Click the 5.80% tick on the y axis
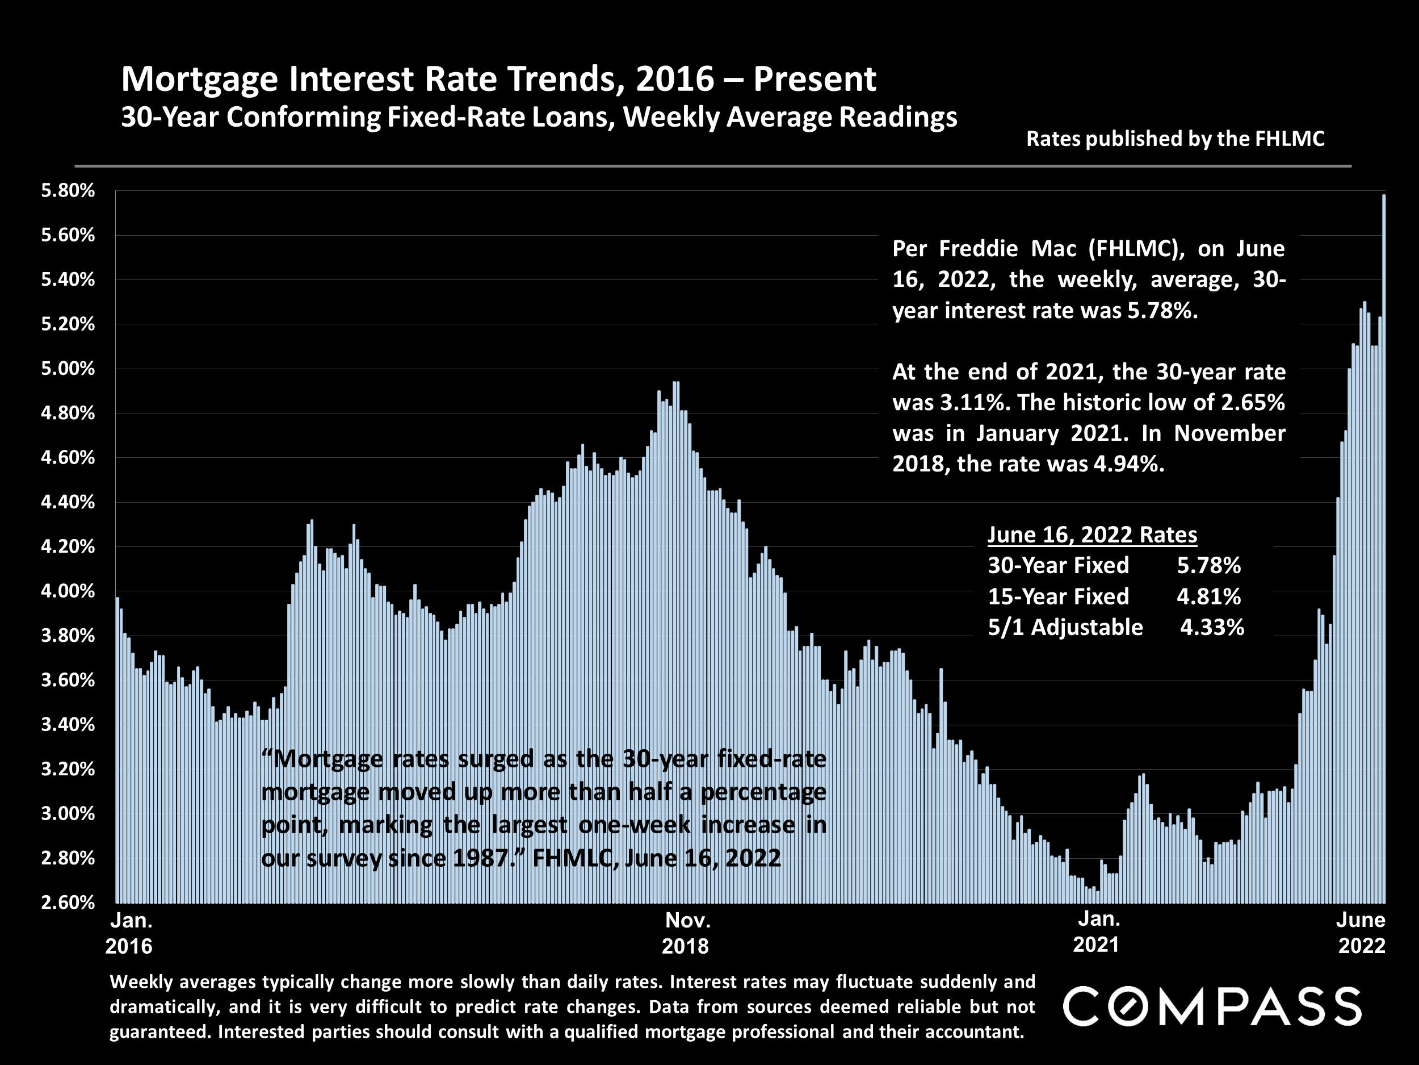coord(68,191)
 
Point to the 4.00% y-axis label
coord(68,591)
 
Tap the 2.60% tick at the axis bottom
coord(68,903)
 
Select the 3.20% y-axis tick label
coord(68,769)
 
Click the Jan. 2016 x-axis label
coord(130,933)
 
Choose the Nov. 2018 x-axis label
coord(686,933)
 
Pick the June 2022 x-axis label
coord(1361,933)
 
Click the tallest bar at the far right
coord(1384,546)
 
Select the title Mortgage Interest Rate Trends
coord(498,79)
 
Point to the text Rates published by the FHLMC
coord(1175,139)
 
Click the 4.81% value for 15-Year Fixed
coord(1208,596)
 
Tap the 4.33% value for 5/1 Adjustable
coord(1212,627)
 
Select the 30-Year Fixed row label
coord(1058,566)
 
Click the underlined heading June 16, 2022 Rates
coord(1092,534)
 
